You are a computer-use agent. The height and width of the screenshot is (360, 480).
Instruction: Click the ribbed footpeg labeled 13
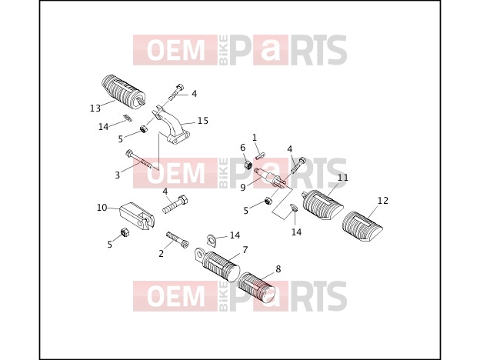[x=122, y=90]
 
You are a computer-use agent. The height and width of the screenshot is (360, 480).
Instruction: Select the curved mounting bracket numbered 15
[x=172, y=126]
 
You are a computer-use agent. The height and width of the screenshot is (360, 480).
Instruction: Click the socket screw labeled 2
[x=178, y=240]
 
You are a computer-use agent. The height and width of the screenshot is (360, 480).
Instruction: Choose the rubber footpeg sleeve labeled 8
[x=256, y=287]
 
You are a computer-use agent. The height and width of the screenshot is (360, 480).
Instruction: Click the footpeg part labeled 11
[x=322, y=204]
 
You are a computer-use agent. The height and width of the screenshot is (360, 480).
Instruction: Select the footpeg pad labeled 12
[x=362, y=225]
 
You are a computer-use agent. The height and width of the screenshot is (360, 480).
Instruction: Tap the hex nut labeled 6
[x=248, y=165]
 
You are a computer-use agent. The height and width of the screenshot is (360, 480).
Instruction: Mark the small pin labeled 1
[x=260, y=156]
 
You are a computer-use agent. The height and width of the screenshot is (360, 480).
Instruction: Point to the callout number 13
[x=95, y=108]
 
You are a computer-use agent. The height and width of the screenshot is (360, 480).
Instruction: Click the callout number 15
[x=202, y=121]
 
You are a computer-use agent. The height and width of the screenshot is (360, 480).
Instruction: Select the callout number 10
[x=102, y=208]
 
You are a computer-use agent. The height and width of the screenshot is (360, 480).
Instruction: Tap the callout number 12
[x=382, y=201]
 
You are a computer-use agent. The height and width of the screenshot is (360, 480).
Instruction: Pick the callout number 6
[x=243, y=148]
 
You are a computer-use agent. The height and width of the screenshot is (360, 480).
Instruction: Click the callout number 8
[x=278, y=268]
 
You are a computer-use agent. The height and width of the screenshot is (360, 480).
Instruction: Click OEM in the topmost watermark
[x=176, y=50]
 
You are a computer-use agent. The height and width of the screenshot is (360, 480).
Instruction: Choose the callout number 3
[x=117, y=175]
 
